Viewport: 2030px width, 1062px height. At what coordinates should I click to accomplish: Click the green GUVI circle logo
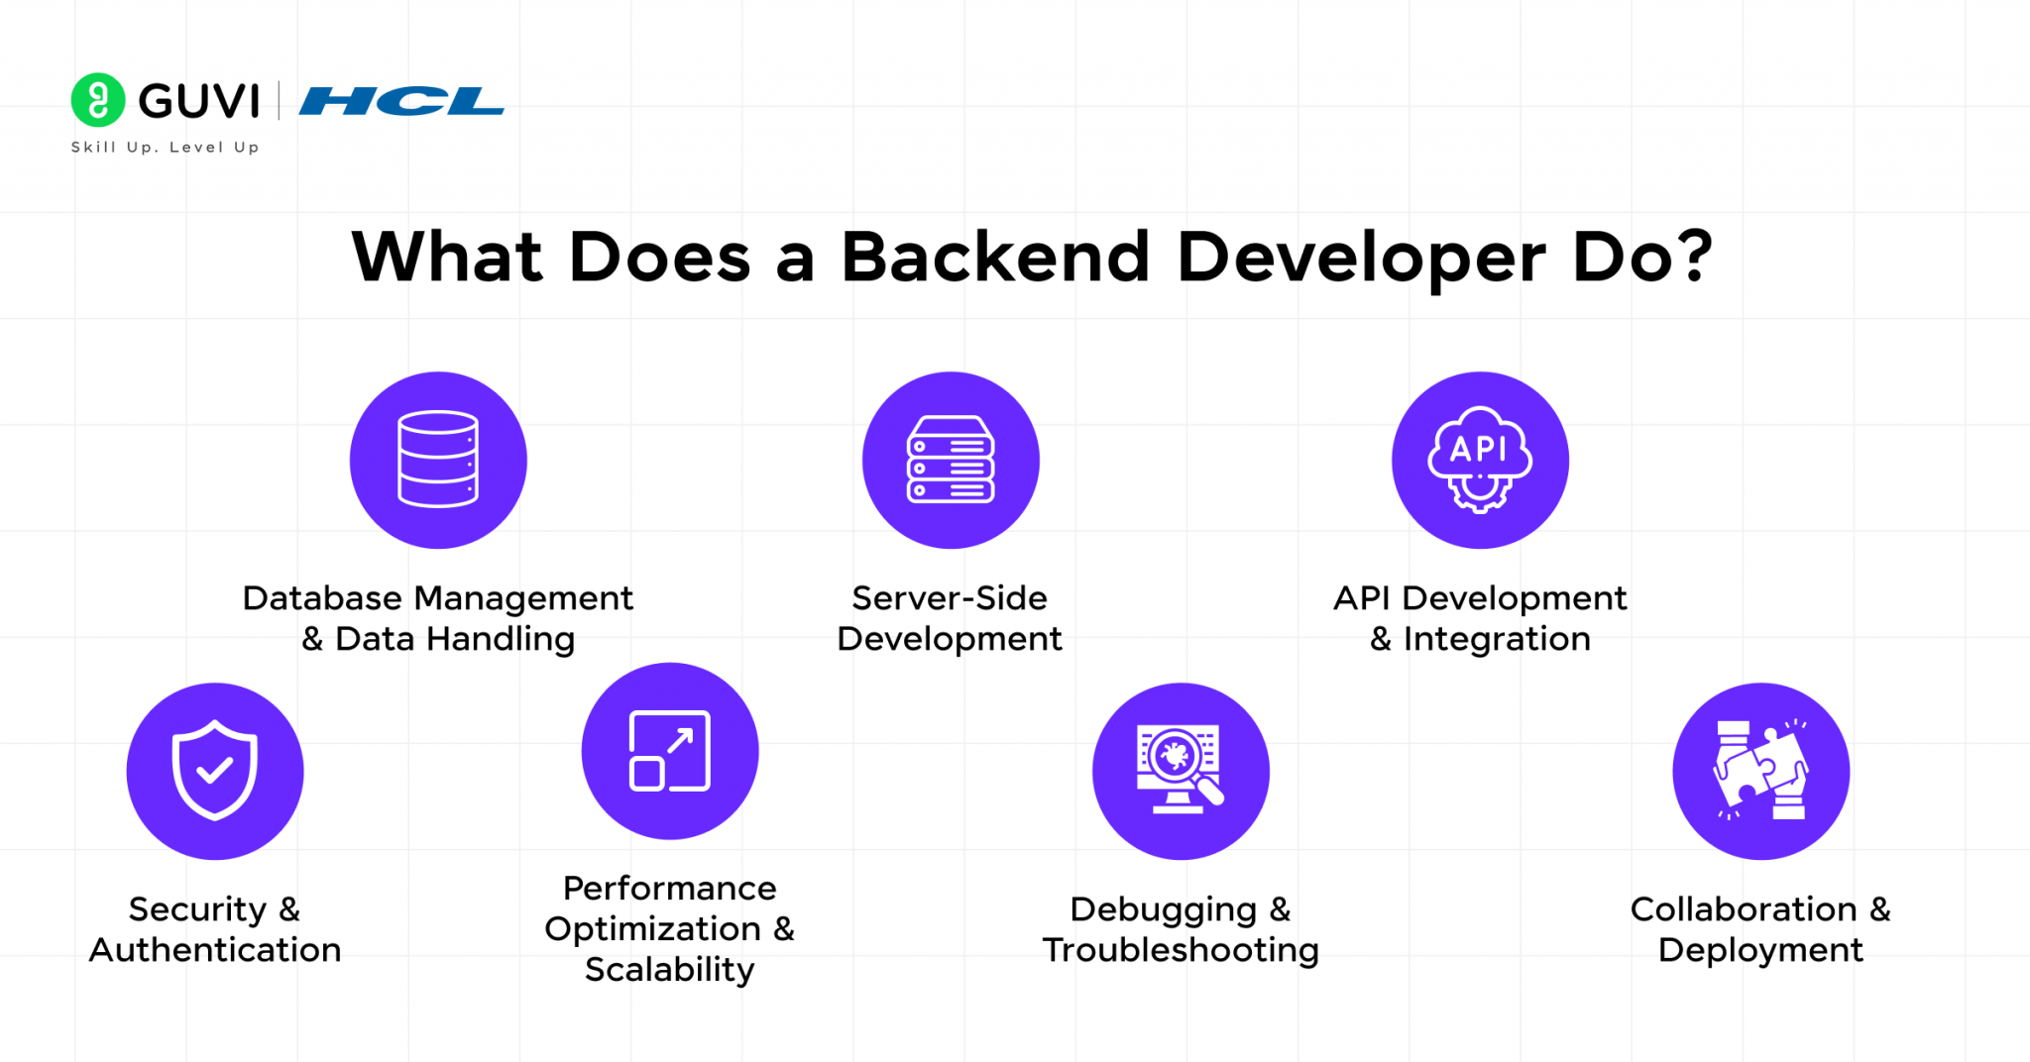pyautogui.click(x=98, y=100)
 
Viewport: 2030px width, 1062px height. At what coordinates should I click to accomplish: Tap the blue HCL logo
pyautogui.click(x=401, y=101)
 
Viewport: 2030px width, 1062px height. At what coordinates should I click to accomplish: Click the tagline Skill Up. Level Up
pyautogui.click(x=165, y=148)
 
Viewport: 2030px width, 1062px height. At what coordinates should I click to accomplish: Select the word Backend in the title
pyautogui.click(x=995, y=258)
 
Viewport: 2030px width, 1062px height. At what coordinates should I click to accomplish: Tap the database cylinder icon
pyautogui.click(x=438, y=460)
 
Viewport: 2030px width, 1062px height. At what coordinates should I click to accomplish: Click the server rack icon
pyautogui.click(x=951, y=460)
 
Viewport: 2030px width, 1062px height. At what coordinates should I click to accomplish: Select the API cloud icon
pyautogui.click(x=1480, y=459)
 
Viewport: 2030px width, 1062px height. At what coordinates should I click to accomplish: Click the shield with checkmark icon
pyautogui.click(x=215, y=770)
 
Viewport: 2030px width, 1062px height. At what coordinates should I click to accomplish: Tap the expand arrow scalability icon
pyautogui.click(x=670, y=751)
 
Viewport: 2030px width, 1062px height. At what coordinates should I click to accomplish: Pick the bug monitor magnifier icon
pyautogui.click(x=1180, y=770)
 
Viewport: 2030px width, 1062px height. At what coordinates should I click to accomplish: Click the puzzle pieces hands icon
pyautogui.click(x=1761, y=770)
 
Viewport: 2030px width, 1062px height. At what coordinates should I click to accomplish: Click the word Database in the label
pyautogui.click(x=322, y=598)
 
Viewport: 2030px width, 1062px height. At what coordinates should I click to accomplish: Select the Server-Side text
pyautogui.click(x=950, y=598)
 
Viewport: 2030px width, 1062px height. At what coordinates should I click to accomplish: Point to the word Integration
pyautogui.click(x=1497, y=639)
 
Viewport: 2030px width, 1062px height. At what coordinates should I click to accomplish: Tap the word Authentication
pyautogui.click(x=215, y=950)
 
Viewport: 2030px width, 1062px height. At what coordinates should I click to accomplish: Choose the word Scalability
pyautogui.click(x=670, y=970)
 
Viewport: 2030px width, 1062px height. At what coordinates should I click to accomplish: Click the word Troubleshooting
pyautogui.click(x=1181, y=950)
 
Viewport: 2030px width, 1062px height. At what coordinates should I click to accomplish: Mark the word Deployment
pyautogui.click(x=1760, y=950)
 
